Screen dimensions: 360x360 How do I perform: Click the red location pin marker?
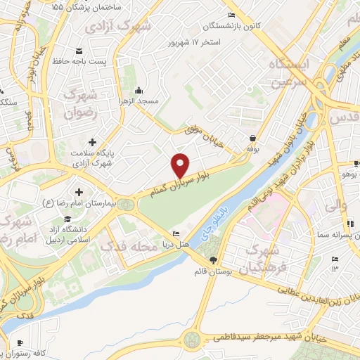180,166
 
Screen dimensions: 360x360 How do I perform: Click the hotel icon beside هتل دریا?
176,234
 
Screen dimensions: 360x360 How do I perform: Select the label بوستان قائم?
214,271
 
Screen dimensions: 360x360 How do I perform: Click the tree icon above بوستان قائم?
214,260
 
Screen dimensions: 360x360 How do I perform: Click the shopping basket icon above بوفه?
252,138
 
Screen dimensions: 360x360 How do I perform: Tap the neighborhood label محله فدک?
124,247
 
